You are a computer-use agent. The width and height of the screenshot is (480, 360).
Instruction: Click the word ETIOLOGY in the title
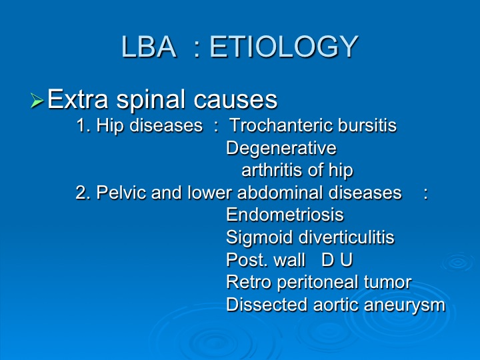click(283, 47)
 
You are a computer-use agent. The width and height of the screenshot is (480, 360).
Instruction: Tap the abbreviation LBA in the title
click(149, 47)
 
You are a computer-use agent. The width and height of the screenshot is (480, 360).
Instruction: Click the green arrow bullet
click(37, 101)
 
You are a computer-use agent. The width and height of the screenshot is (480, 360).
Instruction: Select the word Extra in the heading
click(78, 99)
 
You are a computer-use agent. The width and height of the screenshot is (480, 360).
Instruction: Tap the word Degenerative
click(281, 149)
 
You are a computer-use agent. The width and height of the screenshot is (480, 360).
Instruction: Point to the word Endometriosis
click(285, 214)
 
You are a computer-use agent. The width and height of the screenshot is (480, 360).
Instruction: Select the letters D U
click(337, 260)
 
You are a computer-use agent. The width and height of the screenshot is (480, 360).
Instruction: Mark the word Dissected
click(267, 305)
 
